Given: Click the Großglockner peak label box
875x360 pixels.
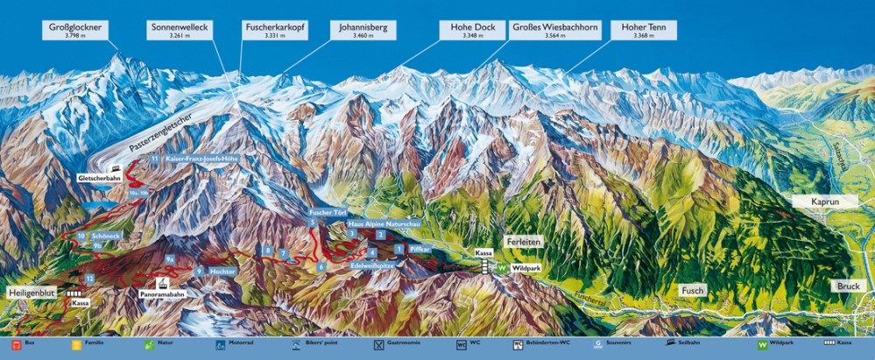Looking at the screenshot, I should click(x=78, y=32).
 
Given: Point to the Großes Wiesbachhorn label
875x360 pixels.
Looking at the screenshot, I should click(x=554, y=32).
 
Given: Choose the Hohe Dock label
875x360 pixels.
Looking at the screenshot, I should click(x=473, y=32).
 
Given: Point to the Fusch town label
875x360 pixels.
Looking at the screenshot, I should click(x=692, y=291).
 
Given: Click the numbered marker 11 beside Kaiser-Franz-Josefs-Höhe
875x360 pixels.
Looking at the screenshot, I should click(x=154, y=159).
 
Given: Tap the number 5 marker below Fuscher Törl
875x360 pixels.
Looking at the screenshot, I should click(x=312, y=224).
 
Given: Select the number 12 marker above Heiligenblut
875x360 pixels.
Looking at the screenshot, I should click(x=90, y=279).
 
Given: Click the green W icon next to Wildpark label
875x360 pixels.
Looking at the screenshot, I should click(x=503, y=267).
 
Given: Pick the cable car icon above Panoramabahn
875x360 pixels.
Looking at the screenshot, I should click(x=162, y=283).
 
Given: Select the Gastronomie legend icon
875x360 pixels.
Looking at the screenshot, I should click(x=378, y=344).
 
